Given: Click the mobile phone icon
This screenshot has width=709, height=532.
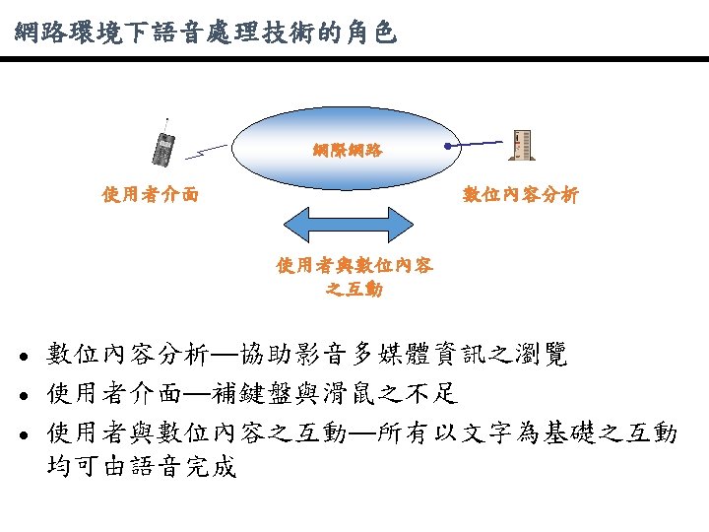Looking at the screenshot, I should click(x=164, y=146).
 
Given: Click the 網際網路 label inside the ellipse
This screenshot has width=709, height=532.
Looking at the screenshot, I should click(x=349, y=151).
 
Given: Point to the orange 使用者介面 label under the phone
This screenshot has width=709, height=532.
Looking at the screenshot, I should click(x=151, y=195).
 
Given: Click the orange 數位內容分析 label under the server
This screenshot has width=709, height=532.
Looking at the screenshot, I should click(x=521, y=195).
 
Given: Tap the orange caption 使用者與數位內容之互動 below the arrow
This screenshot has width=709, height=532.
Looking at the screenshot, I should click(x=354, y=277).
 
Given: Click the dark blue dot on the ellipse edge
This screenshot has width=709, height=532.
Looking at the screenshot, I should click(x=448, y=147).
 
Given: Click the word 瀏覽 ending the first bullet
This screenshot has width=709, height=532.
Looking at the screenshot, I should click(x=544, y=356).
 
